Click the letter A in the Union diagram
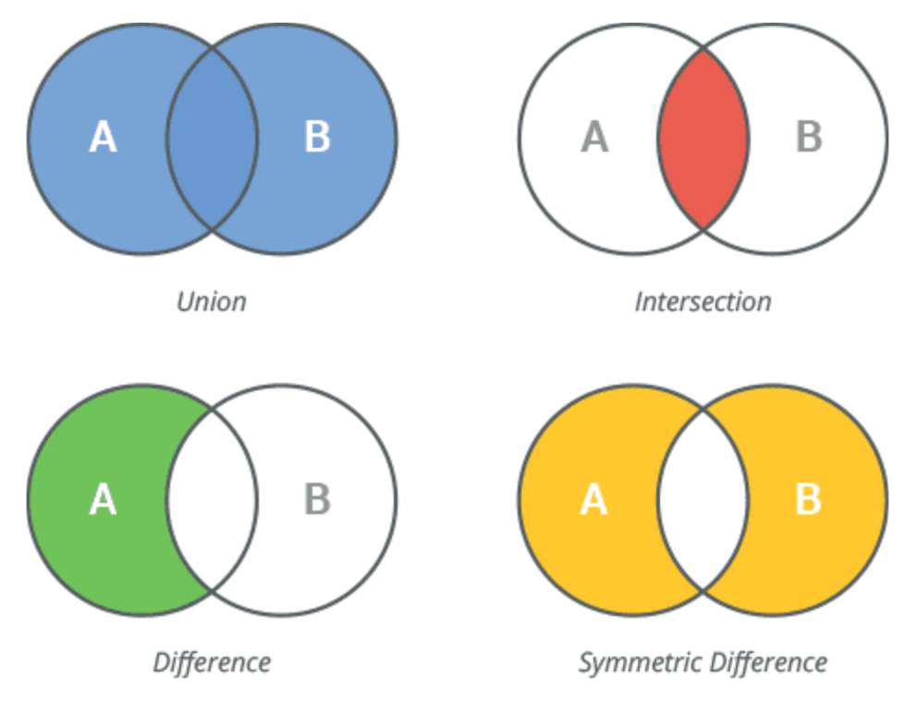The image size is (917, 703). (103, 138)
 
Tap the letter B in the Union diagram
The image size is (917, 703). (317, 138)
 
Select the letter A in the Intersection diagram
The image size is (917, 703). (594, 138)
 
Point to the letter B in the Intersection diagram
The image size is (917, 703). (809, 138)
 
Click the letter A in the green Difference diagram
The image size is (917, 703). (103, 500)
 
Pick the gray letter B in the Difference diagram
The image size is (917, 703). (317, 500)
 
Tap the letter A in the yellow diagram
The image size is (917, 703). (594, 500)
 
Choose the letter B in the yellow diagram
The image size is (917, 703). (809, 500)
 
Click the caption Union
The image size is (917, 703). (212, 302)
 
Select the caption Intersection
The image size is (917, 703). (703, 302)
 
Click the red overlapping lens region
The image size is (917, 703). (703, 139)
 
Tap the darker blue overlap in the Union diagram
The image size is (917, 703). (212, 139)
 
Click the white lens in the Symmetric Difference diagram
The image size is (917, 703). (703, 500)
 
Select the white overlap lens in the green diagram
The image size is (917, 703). (212, 500)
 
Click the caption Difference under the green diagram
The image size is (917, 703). (212, 662)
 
